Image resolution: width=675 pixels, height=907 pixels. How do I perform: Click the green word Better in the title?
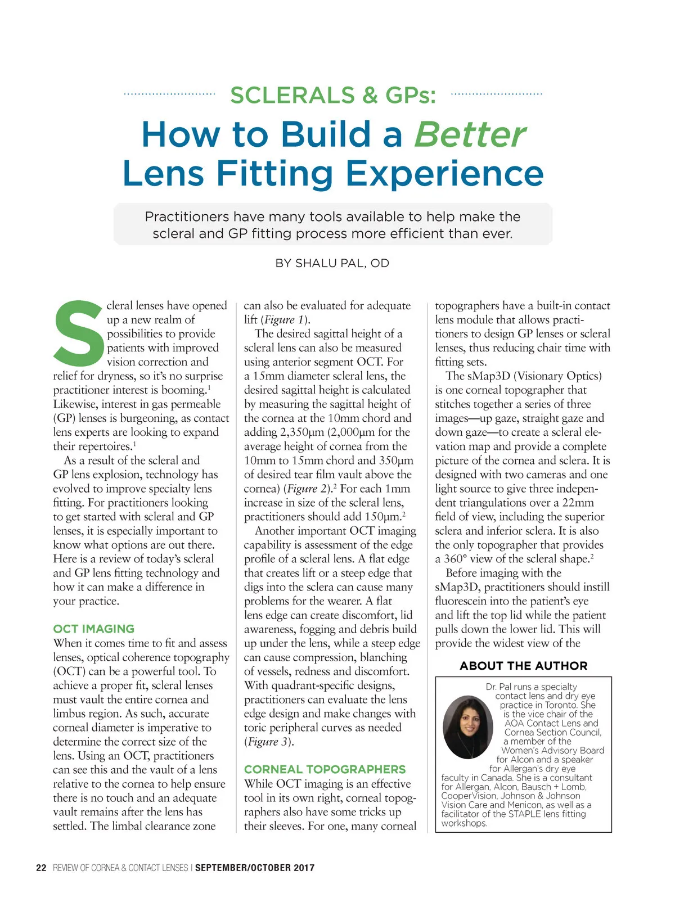(470, 135)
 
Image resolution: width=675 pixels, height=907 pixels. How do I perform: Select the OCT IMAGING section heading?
(94, 629)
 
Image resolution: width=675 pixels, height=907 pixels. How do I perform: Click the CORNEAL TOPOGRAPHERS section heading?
(325, 769)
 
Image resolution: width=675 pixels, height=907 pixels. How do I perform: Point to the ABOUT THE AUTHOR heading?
(523, 666)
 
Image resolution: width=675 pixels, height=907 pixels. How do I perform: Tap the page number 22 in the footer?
(41, 868)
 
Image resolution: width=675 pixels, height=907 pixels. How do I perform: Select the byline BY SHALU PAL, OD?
(332, 263)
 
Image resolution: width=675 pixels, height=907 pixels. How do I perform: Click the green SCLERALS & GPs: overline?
(333, 95)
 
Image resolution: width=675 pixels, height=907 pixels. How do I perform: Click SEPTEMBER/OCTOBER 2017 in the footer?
(255, 868)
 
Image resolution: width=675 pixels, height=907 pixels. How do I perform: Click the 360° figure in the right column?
(452, 559)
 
